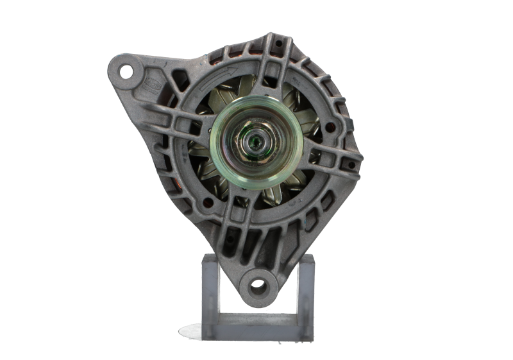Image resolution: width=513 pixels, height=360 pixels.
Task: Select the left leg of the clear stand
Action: (x=212, y=289)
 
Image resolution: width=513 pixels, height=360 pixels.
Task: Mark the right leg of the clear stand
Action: (x=306, y=289)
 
